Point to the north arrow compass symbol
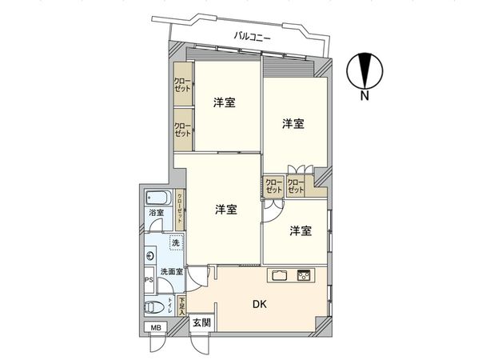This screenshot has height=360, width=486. coord(364,70)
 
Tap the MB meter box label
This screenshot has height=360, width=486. coord(152,328)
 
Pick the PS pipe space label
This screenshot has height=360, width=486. coord(148,280)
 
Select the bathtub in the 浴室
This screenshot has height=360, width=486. coord(157,197)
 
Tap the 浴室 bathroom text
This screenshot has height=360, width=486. coord(156,213)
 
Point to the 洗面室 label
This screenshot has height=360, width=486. coord(169,272)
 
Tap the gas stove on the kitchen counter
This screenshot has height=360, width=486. coord(305,275)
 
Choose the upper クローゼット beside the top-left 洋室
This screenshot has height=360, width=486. coord(183,85)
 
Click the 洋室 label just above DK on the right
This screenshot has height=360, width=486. coord(301,231)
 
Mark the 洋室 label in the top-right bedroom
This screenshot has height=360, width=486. coord(293,124)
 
